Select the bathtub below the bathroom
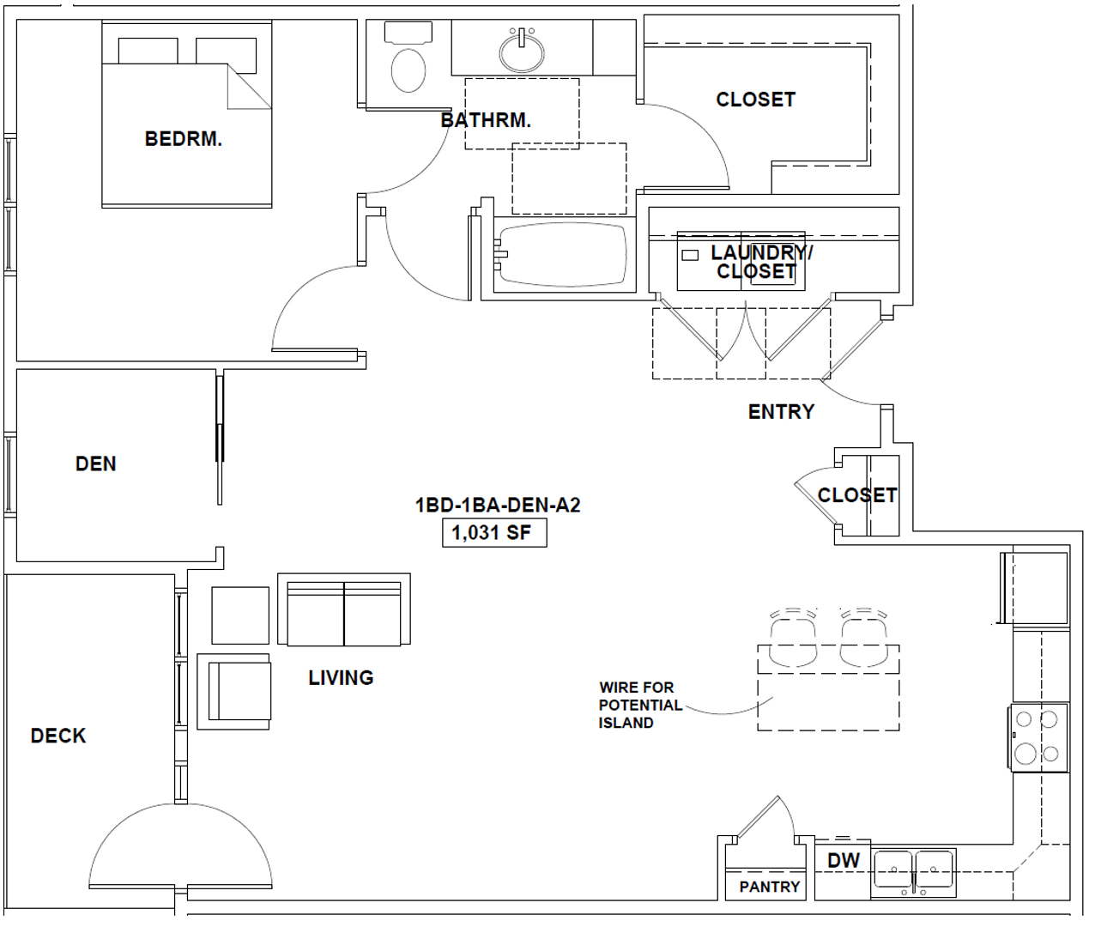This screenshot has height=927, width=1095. [563, 254]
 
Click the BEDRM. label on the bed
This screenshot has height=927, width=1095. [184, 139]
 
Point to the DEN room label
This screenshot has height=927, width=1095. [96, 463]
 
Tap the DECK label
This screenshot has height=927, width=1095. [58, 736]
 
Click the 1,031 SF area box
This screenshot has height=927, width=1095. [494, 533]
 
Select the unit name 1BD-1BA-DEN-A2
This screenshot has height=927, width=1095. [498, 505]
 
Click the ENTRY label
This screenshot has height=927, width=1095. [782, 412]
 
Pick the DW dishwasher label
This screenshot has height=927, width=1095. [844, 861]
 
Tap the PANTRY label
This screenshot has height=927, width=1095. [770, 886]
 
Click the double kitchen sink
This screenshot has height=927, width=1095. [913, 872]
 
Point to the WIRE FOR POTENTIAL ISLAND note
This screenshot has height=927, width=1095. [640, 705]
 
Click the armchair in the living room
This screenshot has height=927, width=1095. [233, 691]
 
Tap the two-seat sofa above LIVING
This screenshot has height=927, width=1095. [344, 609]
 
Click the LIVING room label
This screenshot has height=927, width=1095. [342, 678]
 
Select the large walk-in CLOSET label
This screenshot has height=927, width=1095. [756, 100]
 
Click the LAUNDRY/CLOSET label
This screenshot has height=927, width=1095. [759, 262]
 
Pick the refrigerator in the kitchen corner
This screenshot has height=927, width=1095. [1034, 588]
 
